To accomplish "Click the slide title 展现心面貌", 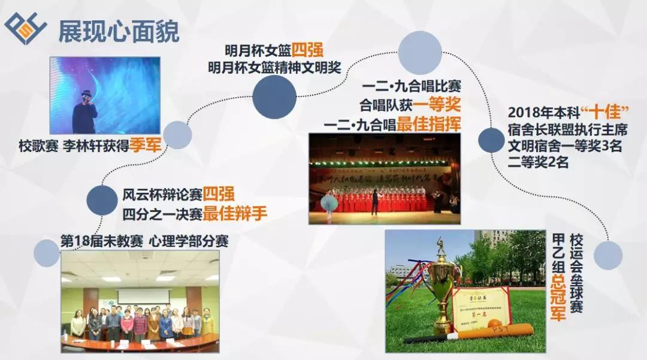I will (x=118, y=32).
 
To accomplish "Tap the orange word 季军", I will (x=146, y=146).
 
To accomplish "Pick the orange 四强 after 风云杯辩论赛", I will (x=218, y=194).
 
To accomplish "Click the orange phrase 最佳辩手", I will (x=234, y=213).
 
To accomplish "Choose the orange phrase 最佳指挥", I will (x=428, y=125).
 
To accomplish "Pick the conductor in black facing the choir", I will (x=375, y=201).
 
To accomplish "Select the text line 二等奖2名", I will (x=539, y=162).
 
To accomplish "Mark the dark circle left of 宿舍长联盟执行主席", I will (x=491, y=140).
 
